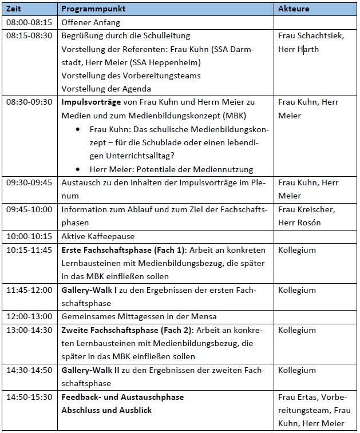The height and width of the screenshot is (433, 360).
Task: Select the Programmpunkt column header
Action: (x=85, y=10)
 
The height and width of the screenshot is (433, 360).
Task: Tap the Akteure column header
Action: (x=293, y=10)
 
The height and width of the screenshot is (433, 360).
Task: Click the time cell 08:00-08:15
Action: (x=29, y=23)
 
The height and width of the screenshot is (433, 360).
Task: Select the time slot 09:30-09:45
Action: (x=29, y=183)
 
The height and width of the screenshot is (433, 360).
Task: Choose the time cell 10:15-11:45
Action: (x=29, y=250)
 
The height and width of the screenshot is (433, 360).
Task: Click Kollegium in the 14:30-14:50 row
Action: (x=296, y=370)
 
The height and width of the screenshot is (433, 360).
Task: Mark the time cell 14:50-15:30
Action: (x=29, y=397)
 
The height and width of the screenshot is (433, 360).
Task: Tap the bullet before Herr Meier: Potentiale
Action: (x=78, y=169)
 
